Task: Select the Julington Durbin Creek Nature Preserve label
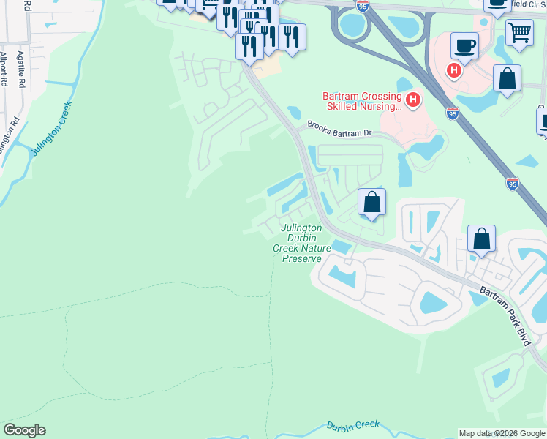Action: click(x=302, y=243)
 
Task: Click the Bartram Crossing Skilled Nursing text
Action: click(x=362, y=101)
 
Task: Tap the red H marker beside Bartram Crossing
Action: click(x=413, y=100)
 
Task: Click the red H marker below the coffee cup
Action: click(x=454, y=71)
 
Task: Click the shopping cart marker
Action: click(x=519, y=32)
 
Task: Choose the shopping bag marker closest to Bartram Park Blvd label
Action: click(x=482, y=239)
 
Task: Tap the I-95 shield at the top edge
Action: click(x=363, y=5)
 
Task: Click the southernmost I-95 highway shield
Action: click(x=513, y=183)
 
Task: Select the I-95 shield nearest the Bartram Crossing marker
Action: click(x=453, y=113)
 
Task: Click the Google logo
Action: click(x=24, y=430)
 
